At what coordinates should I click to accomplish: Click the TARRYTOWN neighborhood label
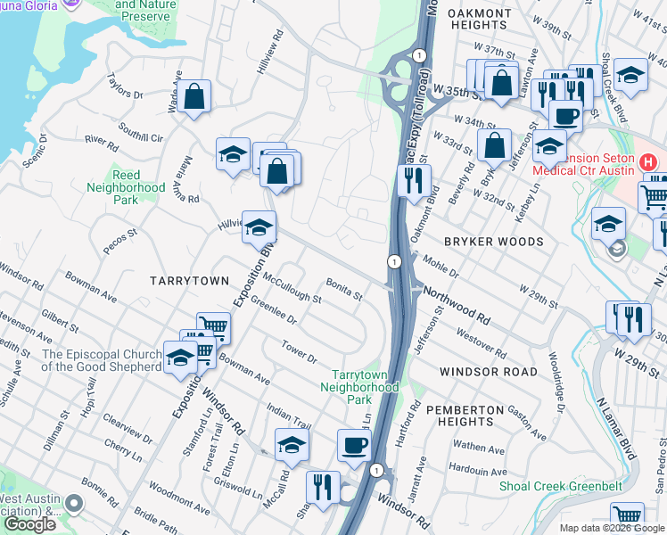click(x=188, y=280)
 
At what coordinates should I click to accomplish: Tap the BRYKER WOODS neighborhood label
click(x=494, y=242)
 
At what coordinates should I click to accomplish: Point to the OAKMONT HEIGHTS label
click(x=480, y=20)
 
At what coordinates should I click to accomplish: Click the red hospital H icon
click(x=648, y=164)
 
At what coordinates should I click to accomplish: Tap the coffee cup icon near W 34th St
click(x=565, y=115)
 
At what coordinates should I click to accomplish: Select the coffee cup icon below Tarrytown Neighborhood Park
click(x=354, y=445)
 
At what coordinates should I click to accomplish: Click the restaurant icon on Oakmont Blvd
click(x=413, y=180)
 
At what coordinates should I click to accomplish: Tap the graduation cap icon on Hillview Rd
click(x=259, y=227)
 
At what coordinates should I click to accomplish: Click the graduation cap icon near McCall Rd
click(x=292, y=445)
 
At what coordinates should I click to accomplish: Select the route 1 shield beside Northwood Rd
click(x=392, y=260)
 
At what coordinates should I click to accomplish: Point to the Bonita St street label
click(x=343, y=289)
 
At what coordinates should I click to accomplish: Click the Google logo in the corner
click(x=29, y=524)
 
